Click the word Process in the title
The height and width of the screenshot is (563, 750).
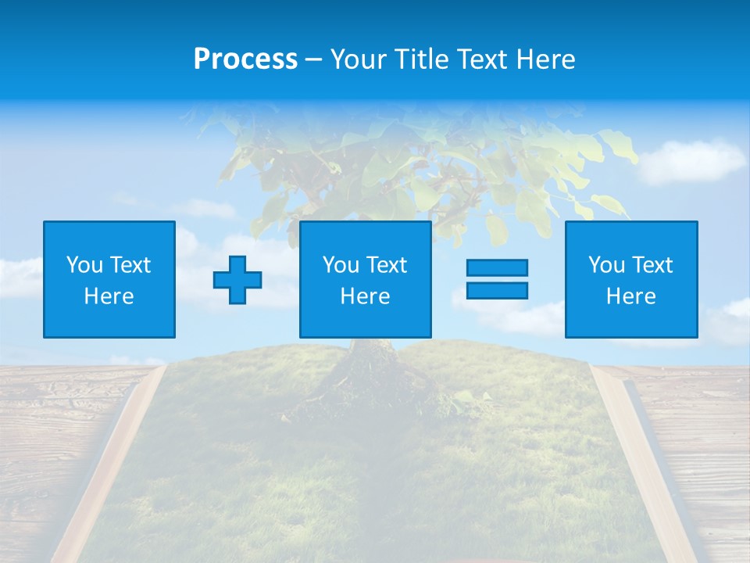(245, 59)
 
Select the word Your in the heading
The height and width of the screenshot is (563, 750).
(359, 59)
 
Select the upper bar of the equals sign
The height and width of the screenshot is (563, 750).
(497, 267)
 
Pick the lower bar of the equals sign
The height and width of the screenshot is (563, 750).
(497, 290)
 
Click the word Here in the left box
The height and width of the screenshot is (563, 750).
(109, 296)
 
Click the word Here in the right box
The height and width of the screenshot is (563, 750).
(631, 296)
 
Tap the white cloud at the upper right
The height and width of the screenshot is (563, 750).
(691, 160)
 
